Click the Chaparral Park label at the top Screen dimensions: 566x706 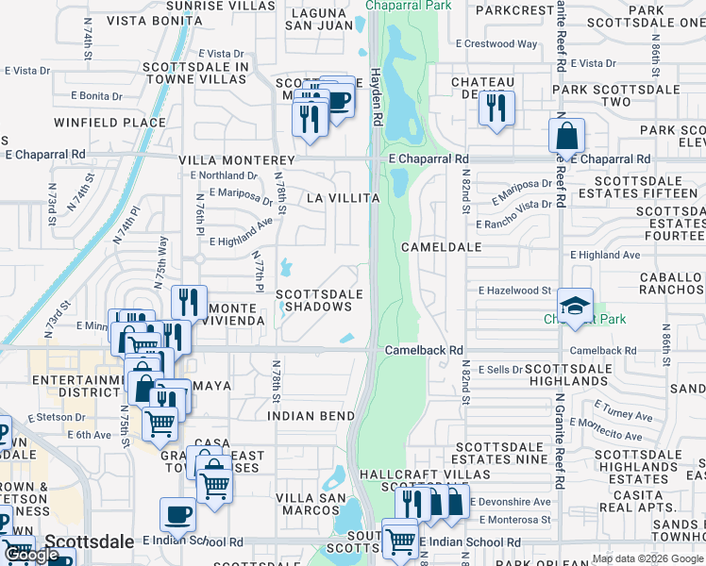point(412,6)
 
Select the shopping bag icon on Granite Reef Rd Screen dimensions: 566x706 point(566,136)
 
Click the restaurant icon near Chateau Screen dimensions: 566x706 point(496,108)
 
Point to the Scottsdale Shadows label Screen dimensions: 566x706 point(319,300)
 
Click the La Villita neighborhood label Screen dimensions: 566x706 point(343,198)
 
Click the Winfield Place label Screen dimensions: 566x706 point(109,123)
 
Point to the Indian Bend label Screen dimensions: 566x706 point(311,415)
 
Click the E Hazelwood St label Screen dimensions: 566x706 point(514,291)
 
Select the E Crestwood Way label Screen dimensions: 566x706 point(496,43)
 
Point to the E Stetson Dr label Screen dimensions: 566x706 point(58,416)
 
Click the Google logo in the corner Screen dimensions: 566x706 point(31,555)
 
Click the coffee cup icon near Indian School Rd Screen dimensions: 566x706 point(177,515)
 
